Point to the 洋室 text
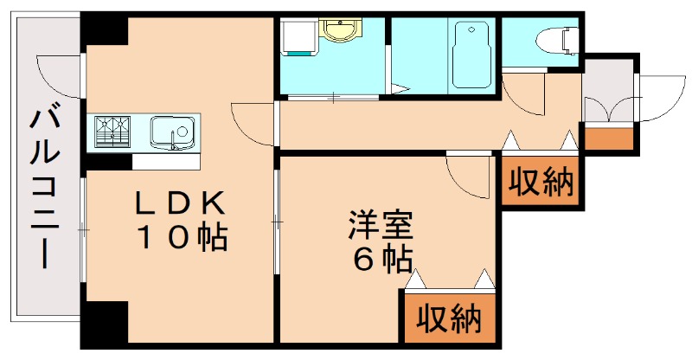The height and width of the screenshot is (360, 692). click(x=380, y=226)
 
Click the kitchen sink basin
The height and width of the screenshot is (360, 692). click(x=171, y=132)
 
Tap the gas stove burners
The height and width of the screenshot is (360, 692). click(x=112, y=132)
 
